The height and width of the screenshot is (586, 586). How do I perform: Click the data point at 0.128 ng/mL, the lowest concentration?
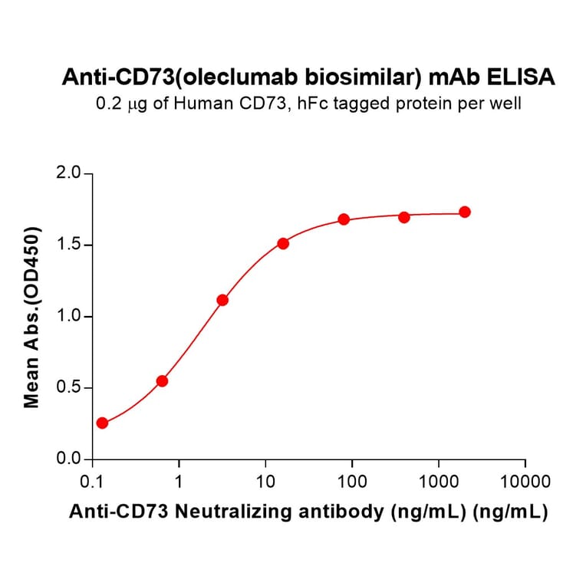[x=102, y=423]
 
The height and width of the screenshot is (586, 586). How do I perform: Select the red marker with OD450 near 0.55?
[x=162, y=381]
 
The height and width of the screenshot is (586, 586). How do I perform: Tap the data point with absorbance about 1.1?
[x=222, y=300]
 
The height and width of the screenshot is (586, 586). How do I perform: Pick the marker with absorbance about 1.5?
[x=283, y=243]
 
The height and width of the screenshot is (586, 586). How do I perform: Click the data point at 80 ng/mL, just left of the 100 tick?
[x=344, y=219]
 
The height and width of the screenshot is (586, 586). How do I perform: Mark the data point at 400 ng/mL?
[x=404, y=217]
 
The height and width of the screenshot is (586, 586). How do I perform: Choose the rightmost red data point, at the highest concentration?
[x=465, y=212]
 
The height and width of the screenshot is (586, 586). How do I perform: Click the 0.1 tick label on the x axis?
[x=92, y=482]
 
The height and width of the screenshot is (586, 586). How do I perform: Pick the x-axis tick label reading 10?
[x=265, y=482]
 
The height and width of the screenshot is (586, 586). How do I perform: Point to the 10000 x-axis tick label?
[x=525, y=482]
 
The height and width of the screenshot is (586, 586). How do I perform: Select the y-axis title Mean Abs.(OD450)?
[x=32, y=317]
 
